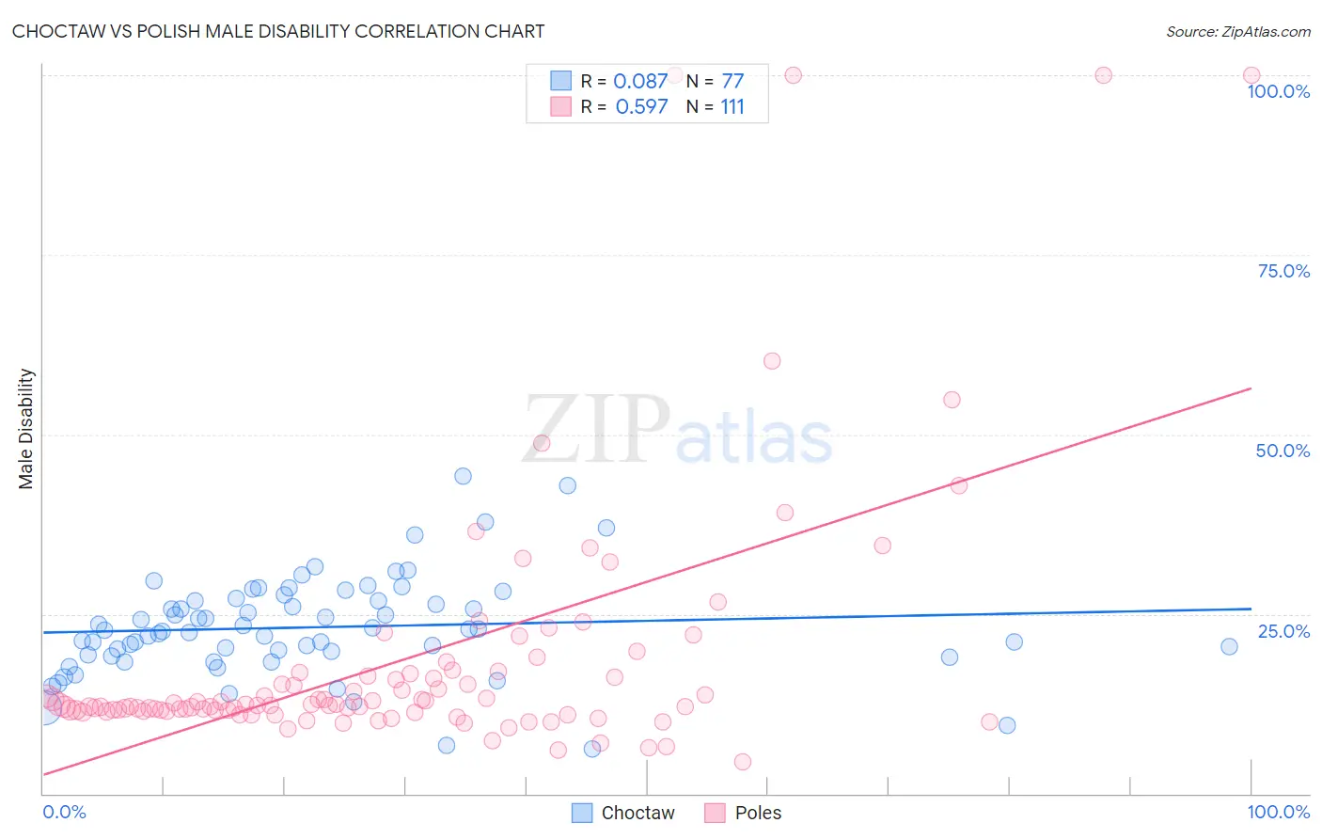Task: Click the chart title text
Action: coord(278,31)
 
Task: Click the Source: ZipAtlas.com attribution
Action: coord(1237,31)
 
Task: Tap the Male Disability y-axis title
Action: coord(25,429)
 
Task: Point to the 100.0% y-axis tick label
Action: coord(1278,91)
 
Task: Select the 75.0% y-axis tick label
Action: coord(1283,271)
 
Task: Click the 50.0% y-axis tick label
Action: coord(1283,451)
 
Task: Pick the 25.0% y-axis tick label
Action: coord(1283,631)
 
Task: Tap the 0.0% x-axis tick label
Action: coord(64,812)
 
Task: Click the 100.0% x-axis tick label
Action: coord(1278,812)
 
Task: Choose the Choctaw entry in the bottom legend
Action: coord(623,813)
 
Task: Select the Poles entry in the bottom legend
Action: coord(744,813)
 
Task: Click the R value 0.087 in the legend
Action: coord(640,82)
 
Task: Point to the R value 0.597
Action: coord(641,107)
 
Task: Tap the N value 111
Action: coord(732,107)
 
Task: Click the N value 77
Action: coord(732,82)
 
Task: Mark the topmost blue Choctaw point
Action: coord(463,476)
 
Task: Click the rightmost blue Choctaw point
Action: coord(1229,646)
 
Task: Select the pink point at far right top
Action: coord(1251,75)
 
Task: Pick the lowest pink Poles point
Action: coord(743,762)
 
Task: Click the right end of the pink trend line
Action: coord(1251,388)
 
